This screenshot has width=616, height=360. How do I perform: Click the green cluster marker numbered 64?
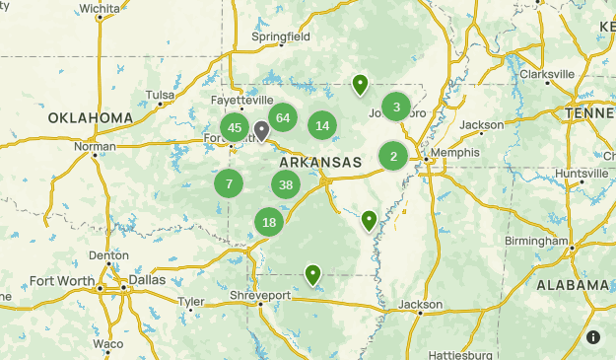pyautogui.click(x=283, y=117)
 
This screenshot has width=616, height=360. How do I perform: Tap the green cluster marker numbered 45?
pyautogui.click(x=235, y=127)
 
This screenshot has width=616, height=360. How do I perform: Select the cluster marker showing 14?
pyautogui.click(x=322, y=125)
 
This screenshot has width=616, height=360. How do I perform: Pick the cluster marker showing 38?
pyautogui.click(x=286, y=184)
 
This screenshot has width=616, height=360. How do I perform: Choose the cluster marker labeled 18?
pyautogui.click(x=269, y=222)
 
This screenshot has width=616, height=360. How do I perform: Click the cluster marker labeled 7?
pyautogui.click(x=229, y=182)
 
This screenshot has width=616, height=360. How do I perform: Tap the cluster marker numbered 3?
pyautogui.click(x=396, y=108)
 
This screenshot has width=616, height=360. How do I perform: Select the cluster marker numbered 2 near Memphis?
pyautogui.click(x=393, y=156)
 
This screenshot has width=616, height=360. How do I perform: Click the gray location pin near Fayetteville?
pyautogui.click(x=261, y=130)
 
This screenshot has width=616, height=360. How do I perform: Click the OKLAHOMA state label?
pyautogui.click(x=90, y=118)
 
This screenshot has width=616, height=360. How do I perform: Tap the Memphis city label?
pyautogui.click(x=454, y=153)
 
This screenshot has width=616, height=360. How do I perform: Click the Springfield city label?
pyautogui.click(x=281, y=36)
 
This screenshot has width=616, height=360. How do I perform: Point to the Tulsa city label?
pyautogui.click(x=159, y=95)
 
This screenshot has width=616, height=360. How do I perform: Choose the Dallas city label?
pyautogui.click(x=147, y=279)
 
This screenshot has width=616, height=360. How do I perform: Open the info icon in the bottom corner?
pyautogui.click(x=593, y=337)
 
